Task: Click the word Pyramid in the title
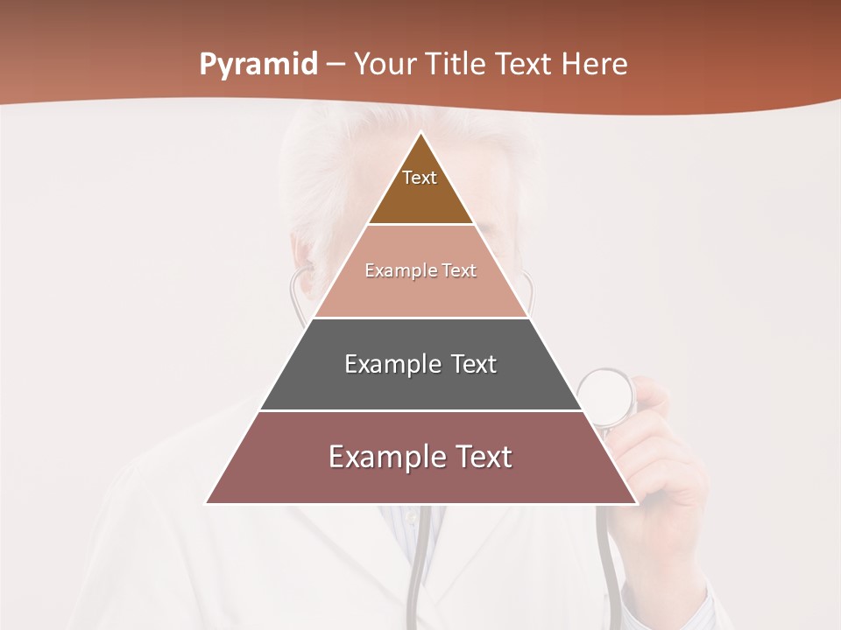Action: (x=258, y=65)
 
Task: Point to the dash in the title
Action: (x=336, y=66)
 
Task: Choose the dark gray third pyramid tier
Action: (x=420, y=381)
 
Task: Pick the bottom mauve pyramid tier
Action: (x=420, y=472)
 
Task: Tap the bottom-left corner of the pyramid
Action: (x=208, y=502)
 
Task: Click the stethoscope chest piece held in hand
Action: (x=606, y=395)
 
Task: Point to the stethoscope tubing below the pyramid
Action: (x=419, y=560)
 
